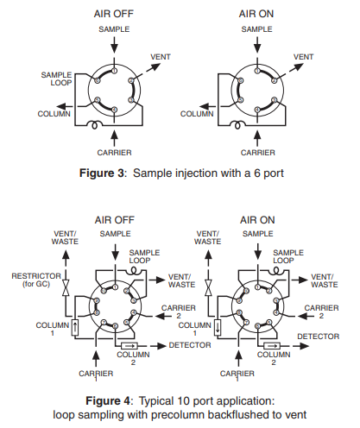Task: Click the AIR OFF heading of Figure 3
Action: [114, 14]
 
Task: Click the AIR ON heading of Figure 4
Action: [257, 220]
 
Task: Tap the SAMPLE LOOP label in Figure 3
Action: [56, 79]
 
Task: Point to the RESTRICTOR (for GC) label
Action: [36, 280]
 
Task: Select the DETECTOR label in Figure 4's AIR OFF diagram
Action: [190, 345]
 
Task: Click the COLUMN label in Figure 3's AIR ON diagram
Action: [197, 114]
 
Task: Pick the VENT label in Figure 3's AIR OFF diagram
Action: [161, 57]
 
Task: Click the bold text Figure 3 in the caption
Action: [102, 173]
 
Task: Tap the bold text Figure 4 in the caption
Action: [108, 400]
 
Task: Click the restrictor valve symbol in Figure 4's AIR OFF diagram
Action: [66, 287]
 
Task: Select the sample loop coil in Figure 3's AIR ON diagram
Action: [237, 125]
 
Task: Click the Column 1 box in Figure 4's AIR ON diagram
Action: [218, 328]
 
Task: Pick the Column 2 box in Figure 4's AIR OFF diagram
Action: [129, 345]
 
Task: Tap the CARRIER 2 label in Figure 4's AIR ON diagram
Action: [321, 312]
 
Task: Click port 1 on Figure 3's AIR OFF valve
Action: [114, 71]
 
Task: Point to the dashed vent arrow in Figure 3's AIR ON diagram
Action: [291, 71]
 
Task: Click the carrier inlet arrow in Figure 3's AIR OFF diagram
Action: [114, 138]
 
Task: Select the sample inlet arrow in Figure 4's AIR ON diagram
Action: [258, 252]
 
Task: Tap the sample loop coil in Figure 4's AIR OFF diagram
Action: [134, 270]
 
